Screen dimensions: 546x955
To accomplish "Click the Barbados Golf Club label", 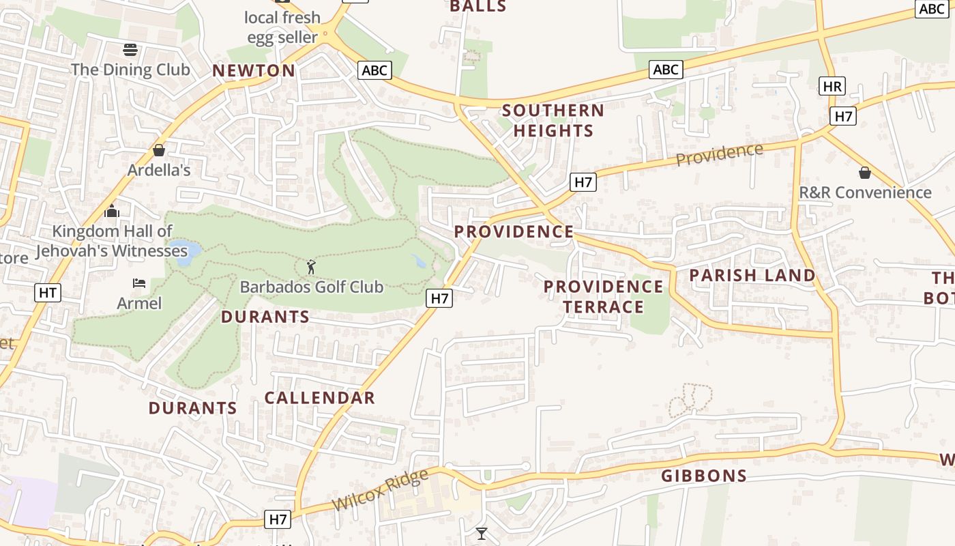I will pyautogui.click(x=311, y=287).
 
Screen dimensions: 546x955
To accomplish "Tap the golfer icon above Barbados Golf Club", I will pyautogui.click(x=312, y=267).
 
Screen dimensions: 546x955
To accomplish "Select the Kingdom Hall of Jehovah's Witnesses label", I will pyautogui.click(x=112, y=241).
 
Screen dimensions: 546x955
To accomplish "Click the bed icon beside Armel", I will pyautogui.click(x=139, y=283).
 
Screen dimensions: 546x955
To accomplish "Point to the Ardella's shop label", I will pyautogui.click(x=159, y=170).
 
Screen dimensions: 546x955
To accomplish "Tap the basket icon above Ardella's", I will pyautogui.click(x=159, y=150).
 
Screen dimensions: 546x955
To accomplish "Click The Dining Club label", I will pyautogui.click(x=130, y=69).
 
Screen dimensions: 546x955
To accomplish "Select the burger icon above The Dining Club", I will pyautogui.click(x=130, y=49).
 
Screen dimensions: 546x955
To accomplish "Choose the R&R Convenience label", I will pyautogui.click(x=865, y=192).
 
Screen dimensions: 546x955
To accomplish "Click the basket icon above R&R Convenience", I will pyautogui.click(x=865, y=173).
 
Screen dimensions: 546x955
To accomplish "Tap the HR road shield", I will pyautogui.click(x=832, y=86).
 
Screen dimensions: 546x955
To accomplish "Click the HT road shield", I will pyautogui.click(x=48, y=293).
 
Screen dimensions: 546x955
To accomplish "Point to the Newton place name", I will pyautogui.click(x=254, y=70).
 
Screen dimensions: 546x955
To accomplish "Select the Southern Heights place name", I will pyautogui.click(x=553, y=120).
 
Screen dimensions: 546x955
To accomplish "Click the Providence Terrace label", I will pyautogui.click(x=604, y=296).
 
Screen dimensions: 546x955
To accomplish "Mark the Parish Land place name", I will pyautogui.click(x=752, y=275).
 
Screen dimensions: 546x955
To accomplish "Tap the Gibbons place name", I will pyautogui.click(x=704, y=476).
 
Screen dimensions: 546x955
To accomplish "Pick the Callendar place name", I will pyautogui.click(x=320, y=397).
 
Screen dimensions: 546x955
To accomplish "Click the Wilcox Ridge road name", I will pyautogui.click(x=381, y=489).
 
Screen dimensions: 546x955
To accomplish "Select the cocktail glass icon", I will pyautogui.click(x=482, y=533).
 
